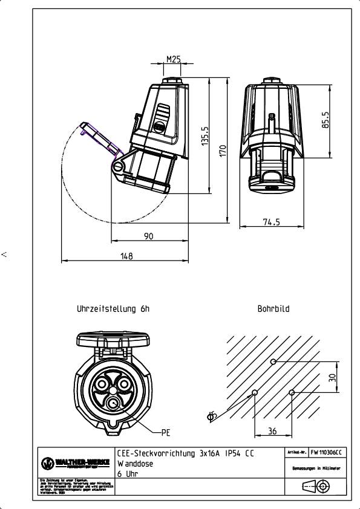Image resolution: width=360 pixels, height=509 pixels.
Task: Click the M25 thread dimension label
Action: coord(174,59)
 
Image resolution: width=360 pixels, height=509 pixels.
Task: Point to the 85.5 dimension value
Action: coord(325,120)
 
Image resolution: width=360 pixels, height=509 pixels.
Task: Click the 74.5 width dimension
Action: coord(272,222)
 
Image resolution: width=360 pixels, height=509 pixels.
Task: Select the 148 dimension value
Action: coord(126,256)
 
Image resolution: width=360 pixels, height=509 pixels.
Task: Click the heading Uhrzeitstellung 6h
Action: coord(113,308)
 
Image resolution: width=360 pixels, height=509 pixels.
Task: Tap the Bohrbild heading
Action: coord(273,308)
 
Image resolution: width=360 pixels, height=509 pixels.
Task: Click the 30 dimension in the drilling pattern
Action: coord(332,377)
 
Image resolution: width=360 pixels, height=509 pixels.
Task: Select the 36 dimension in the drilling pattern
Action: coord(273,431)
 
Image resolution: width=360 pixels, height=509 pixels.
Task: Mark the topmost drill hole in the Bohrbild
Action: coord(273,361)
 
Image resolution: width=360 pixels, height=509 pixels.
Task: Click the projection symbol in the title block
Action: coord(315,487)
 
